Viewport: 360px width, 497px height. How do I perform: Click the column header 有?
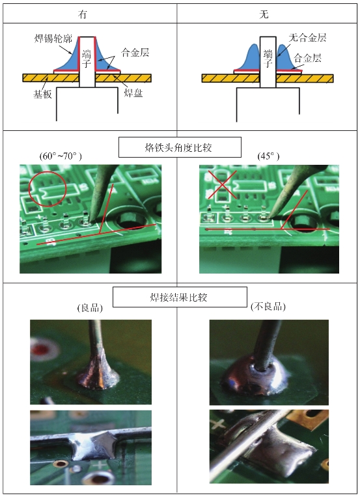coord(83,14)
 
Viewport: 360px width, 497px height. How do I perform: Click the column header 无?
coord(264,14)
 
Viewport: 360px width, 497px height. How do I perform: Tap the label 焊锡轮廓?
coord(53,38)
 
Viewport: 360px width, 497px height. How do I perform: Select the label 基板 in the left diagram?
coord(42,94)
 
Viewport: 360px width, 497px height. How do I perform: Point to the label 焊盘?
coord(133,93)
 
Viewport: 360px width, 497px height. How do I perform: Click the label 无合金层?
coord(307,38)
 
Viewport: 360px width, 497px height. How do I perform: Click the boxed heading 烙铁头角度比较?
coord(180,147)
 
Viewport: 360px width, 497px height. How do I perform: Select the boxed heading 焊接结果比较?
coord(180,297)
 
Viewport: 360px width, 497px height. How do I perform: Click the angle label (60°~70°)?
coord(61,156)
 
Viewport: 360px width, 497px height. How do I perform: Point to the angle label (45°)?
coord(269,156)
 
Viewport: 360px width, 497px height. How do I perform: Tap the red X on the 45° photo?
coord(223,184)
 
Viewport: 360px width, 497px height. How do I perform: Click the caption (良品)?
coord(90,307)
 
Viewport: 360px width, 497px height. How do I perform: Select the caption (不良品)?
coord(268,307)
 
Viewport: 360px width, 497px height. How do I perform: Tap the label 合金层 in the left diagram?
coord(135,52)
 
